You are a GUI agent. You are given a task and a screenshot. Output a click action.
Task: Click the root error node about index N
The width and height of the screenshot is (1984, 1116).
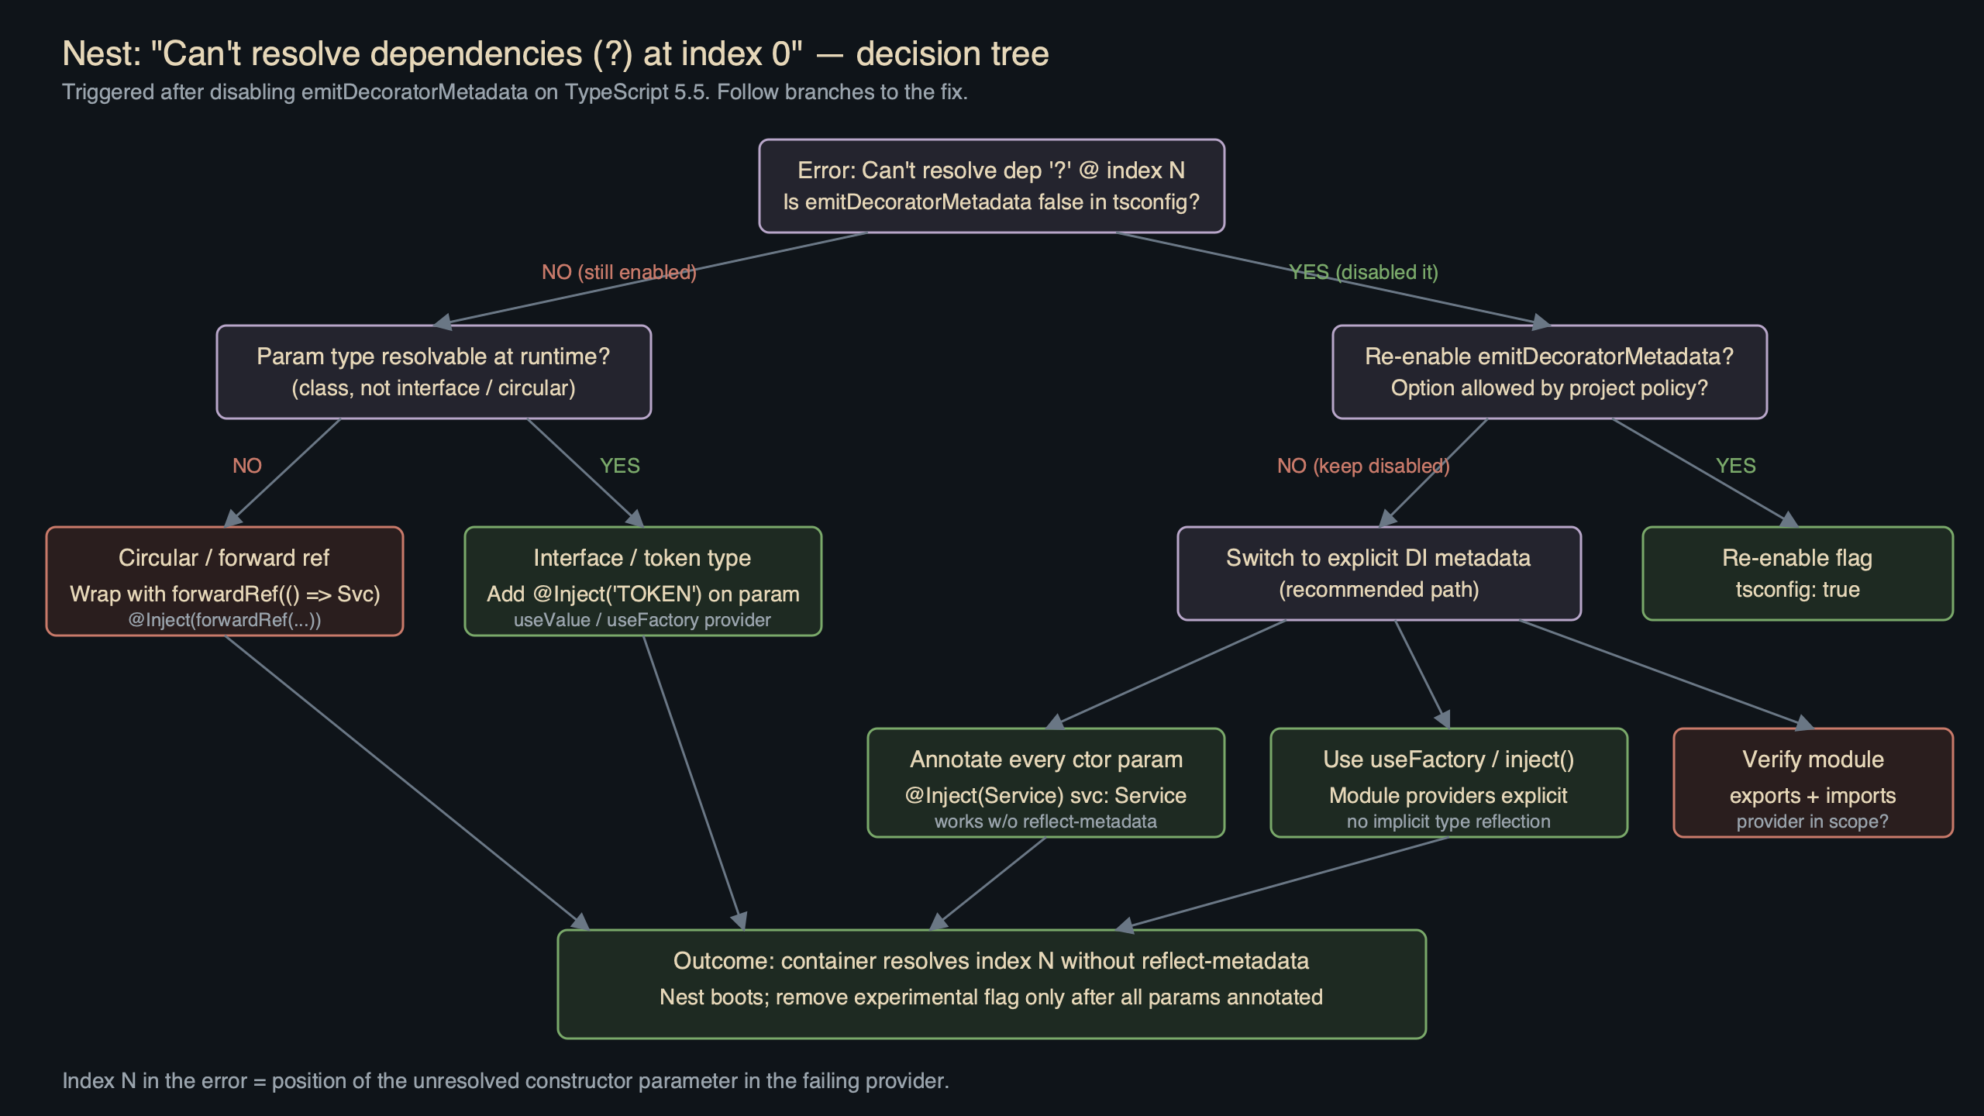pos(991,186)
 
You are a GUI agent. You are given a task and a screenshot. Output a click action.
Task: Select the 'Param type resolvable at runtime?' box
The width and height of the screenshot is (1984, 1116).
pos(433,372)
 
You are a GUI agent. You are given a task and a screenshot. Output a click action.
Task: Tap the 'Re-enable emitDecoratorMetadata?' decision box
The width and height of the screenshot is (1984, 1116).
pos(1549,372)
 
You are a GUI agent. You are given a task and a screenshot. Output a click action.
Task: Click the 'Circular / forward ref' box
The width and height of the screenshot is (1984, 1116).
pos(224,581)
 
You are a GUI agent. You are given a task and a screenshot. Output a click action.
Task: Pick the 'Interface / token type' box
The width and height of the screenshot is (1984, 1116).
pos(642,581)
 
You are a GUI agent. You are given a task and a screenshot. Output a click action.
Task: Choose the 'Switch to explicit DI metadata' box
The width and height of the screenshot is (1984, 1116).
pos(1379,573)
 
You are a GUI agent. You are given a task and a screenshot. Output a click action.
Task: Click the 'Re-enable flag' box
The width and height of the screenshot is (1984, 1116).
pos(1797,573)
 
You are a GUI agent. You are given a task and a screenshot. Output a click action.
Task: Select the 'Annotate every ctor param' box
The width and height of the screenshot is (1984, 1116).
pos(1045,783)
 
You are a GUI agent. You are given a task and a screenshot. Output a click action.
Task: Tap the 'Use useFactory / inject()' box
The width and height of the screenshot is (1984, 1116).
pos(1448,783)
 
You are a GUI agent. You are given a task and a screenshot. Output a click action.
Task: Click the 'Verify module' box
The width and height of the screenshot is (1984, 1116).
pos(1813,783)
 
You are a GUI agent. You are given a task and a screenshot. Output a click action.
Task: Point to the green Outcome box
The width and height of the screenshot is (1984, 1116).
pos(991,984)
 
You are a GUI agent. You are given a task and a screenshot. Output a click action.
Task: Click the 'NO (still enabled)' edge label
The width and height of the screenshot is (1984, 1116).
pos(618,272)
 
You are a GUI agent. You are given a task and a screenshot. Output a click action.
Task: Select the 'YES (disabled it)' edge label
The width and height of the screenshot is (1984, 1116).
pos(1363,272)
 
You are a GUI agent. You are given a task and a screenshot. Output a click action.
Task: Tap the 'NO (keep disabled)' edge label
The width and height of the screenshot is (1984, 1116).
pos(1363,466)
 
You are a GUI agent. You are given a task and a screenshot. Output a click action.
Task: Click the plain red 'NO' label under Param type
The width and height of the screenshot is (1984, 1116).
pos(247,466)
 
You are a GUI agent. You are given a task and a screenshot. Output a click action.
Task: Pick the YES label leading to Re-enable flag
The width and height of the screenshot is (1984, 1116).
pos(1735,466)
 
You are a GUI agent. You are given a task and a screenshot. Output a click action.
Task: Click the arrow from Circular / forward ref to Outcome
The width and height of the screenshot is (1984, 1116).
pos(403,779)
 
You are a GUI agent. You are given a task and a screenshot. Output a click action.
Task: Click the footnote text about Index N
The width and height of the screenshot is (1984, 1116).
pos(505,1080)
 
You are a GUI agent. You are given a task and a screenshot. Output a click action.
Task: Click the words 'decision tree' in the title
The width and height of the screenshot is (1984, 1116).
pos(952,53)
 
